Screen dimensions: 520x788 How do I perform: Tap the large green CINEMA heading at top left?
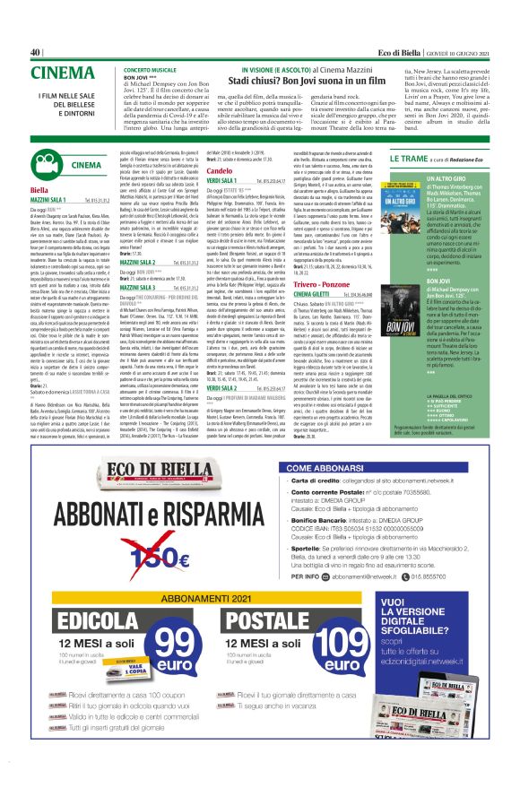click(63, 74)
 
